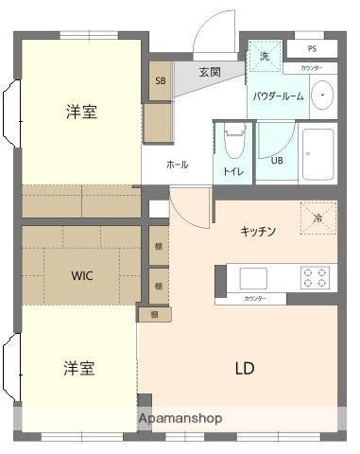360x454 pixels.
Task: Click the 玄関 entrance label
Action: click(x=210, y=72)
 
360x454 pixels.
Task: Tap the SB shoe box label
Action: click(x=159, y=81)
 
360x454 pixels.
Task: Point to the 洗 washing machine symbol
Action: click(x=265, y=56)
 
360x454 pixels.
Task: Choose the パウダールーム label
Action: click(x=278, y=96)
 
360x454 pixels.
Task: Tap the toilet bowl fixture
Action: click(x=233, y=144)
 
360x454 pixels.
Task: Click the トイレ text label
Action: click(x=232, y=171)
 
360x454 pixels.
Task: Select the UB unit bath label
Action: click(x=277, y=160)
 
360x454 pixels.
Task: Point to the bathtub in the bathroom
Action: click(x=317, y=157)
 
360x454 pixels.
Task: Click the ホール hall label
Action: click(x=177, y=165)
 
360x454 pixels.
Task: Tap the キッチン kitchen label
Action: click(x=258, y=230)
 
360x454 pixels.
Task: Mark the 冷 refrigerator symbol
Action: click(x=317, y=218)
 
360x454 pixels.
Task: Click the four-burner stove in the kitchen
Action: click(x=318, y=277)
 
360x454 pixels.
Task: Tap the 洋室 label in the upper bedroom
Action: click(x=80, y=112)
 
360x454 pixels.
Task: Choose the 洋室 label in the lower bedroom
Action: click(x=78, y=366)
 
